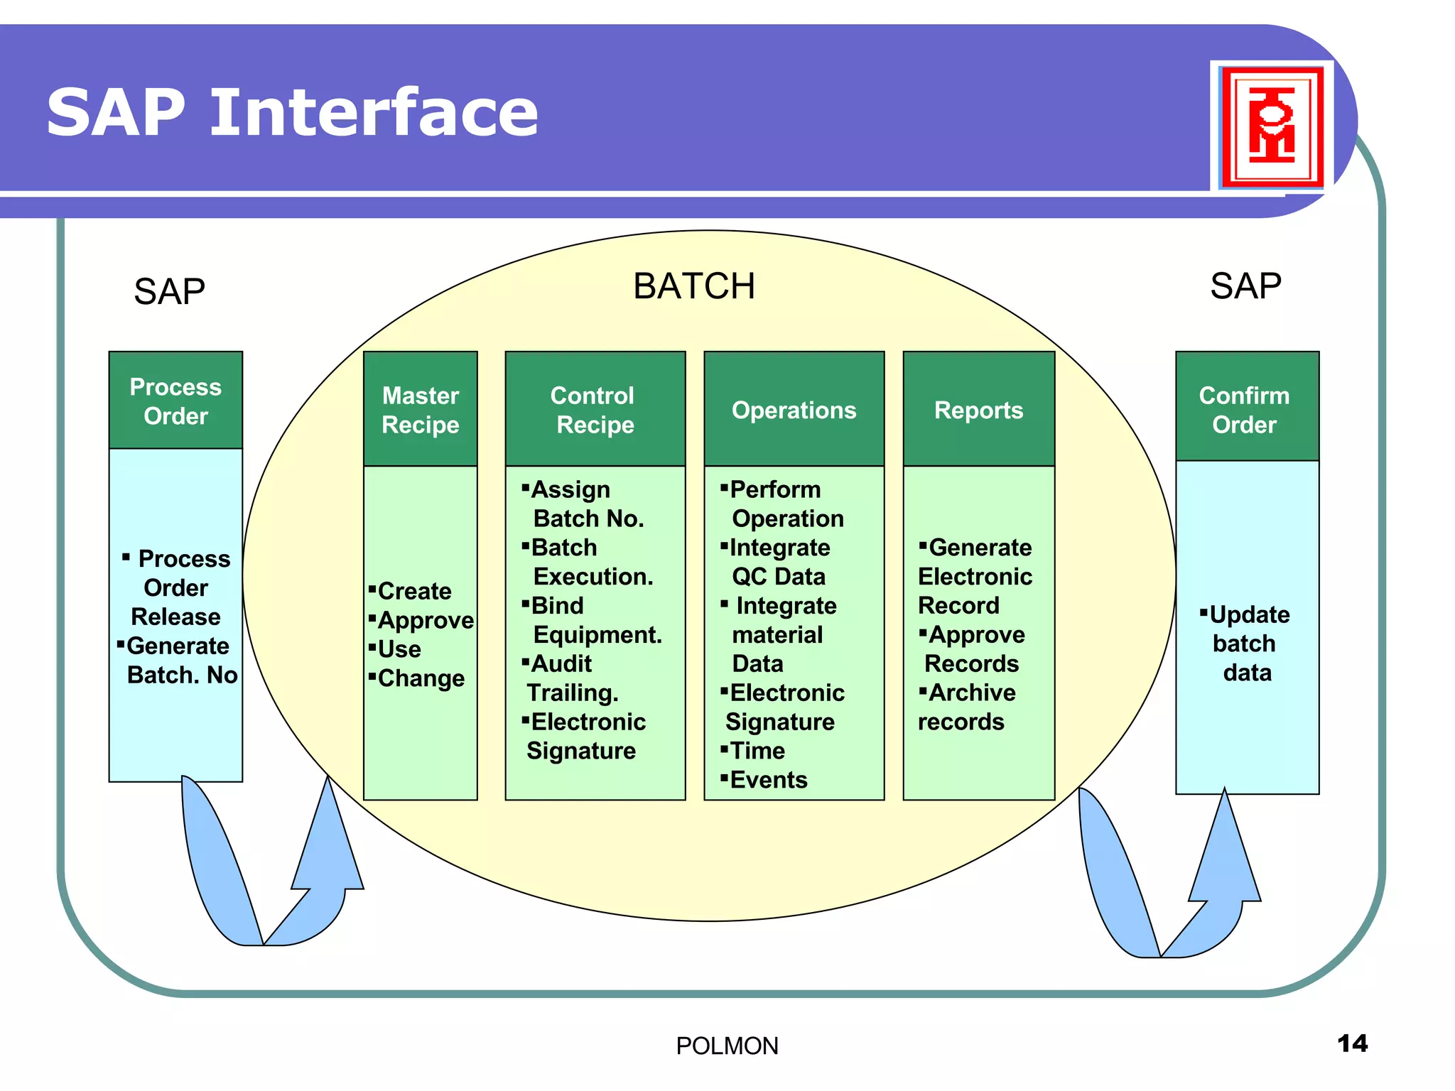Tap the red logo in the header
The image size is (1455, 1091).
[x=1271, y=126]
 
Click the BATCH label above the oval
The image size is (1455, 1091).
[x=693, y=286]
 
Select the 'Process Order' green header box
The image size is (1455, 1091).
[x=175, y=401]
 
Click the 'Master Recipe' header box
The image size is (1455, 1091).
[x=420, y=409]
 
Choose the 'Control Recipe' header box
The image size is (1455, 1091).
[x=595, y=409]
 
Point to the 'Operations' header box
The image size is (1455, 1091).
[x=794, y=409]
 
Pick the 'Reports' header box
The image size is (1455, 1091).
[x=978, y=409]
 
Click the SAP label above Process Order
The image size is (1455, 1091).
[x=169, y=291]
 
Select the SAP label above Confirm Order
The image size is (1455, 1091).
[x=1245, y=286]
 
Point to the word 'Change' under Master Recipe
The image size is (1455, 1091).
[x=421, y=678]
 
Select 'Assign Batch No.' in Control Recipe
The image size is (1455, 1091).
[x=584, y=504]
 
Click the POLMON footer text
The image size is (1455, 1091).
[x=727, y=1046]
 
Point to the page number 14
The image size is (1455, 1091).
[x=1351, y=1043]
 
